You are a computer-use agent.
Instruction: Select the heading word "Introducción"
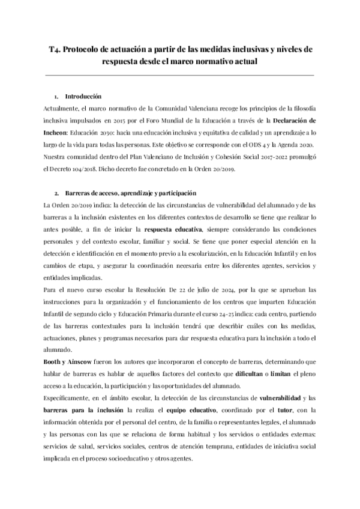pyautogui.click(x=83, y=97)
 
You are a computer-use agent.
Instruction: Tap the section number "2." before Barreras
pyautogui.click(x=56, y=193)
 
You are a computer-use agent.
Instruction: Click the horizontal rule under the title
pyautogui.click(x=180, y=75)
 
